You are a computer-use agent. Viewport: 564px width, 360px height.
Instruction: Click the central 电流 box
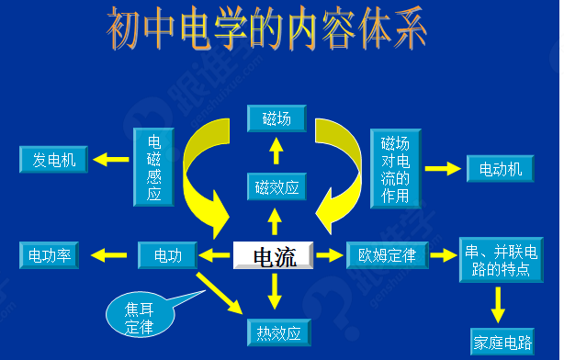pyautogui.click(x=274, y=256)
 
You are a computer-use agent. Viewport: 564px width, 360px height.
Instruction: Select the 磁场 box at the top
pyautogui.click(x=276, y=118)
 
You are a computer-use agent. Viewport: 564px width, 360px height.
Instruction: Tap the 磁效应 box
pyautogui.click(x=276, y=188)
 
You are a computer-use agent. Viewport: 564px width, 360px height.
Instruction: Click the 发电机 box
pyautogui.click(x=53, y=160)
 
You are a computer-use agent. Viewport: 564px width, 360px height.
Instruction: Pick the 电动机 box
pyautogui.click(x=500, y=169)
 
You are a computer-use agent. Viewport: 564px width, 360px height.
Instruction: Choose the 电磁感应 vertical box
pyautogui.click(x=153, y=167)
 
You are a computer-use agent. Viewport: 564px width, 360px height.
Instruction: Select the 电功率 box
pyautogui.click(x=50, y=255)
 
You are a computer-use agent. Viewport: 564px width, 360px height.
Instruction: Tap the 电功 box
pyautogui.click(x=168, y=255)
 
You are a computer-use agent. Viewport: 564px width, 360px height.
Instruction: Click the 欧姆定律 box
pyautogui.click(x=388, y=255)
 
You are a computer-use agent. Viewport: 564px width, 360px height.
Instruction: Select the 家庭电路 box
pyautogui.click(x=502, y=342)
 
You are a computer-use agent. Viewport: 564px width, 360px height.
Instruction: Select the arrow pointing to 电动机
pyautogui.click(x=442, y=169)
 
